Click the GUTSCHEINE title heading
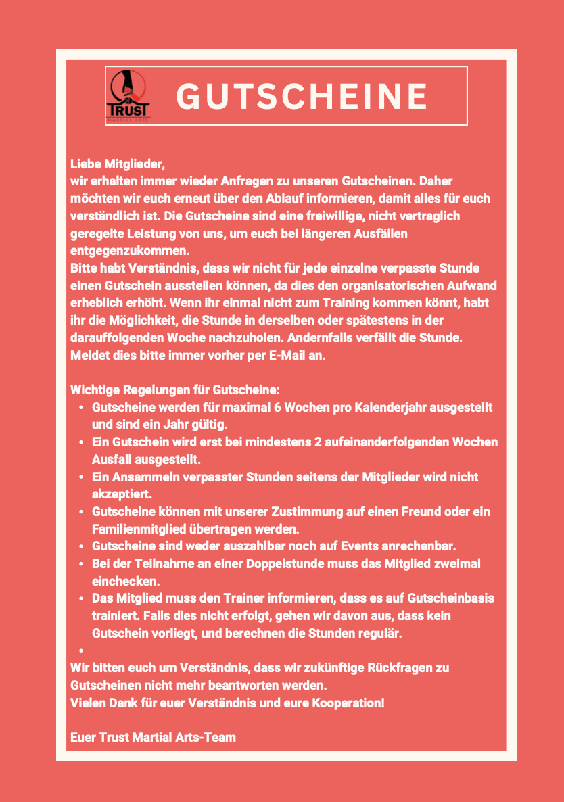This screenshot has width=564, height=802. point(302,96)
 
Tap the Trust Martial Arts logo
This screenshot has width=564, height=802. point(128,95)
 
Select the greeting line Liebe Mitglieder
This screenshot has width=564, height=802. point(118,164)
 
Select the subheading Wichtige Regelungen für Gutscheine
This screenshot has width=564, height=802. point(175,390)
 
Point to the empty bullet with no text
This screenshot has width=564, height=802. point(81,651)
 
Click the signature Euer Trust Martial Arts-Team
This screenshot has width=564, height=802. point(153,737)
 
